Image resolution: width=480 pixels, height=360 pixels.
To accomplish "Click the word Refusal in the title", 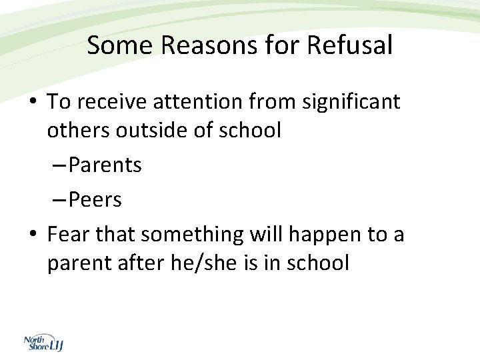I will (350, 46).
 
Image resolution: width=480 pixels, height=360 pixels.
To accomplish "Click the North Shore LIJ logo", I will (43, 343).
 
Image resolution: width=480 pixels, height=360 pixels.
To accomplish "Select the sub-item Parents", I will (105, 165).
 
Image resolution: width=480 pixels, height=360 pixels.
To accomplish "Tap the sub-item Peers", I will (95, 199).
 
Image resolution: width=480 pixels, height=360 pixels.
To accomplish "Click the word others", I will (78, 130).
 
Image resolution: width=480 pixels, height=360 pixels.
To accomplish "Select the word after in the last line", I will (145, 263).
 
